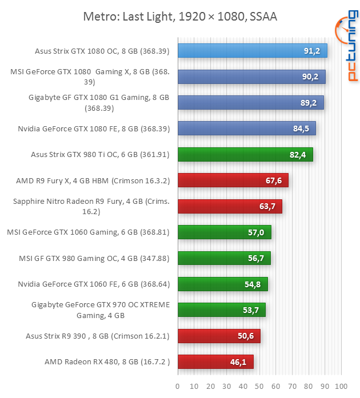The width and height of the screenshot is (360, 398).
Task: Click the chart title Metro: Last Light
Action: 180,17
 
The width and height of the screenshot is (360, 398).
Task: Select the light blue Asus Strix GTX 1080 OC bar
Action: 252,51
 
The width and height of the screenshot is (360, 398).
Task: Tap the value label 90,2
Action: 311,77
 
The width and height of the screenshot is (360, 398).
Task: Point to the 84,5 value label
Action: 301,128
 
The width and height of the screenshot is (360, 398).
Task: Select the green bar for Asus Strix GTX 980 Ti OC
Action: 245,154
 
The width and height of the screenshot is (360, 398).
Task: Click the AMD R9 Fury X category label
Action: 93,180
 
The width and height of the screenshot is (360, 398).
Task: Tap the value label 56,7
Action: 257,258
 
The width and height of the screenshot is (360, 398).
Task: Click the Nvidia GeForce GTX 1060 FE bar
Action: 223,284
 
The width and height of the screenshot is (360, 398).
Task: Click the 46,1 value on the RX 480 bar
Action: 239,361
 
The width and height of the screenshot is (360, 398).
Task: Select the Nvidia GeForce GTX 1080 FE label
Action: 94,128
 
